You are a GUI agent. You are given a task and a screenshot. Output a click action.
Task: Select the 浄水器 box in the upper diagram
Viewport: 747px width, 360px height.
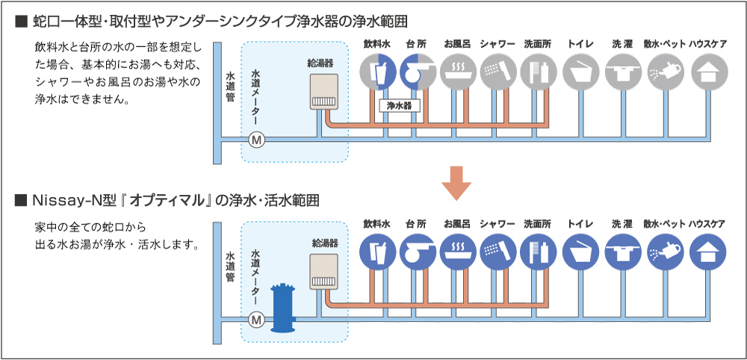click(400, 106)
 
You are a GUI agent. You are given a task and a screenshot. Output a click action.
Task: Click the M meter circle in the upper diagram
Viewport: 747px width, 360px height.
click(256, 140)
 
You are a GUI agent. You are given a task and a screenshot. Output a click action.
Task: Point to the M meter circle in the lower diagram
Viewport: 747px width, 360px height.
click(256, 319)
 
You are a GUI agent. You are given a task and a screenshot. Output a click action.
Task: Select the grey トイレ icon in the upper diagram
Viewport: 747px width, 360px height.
click(579, 72)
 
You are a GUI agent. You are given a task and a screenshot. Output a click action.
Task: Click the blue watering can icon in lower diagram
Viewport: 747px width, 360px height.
click(664, 252)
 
